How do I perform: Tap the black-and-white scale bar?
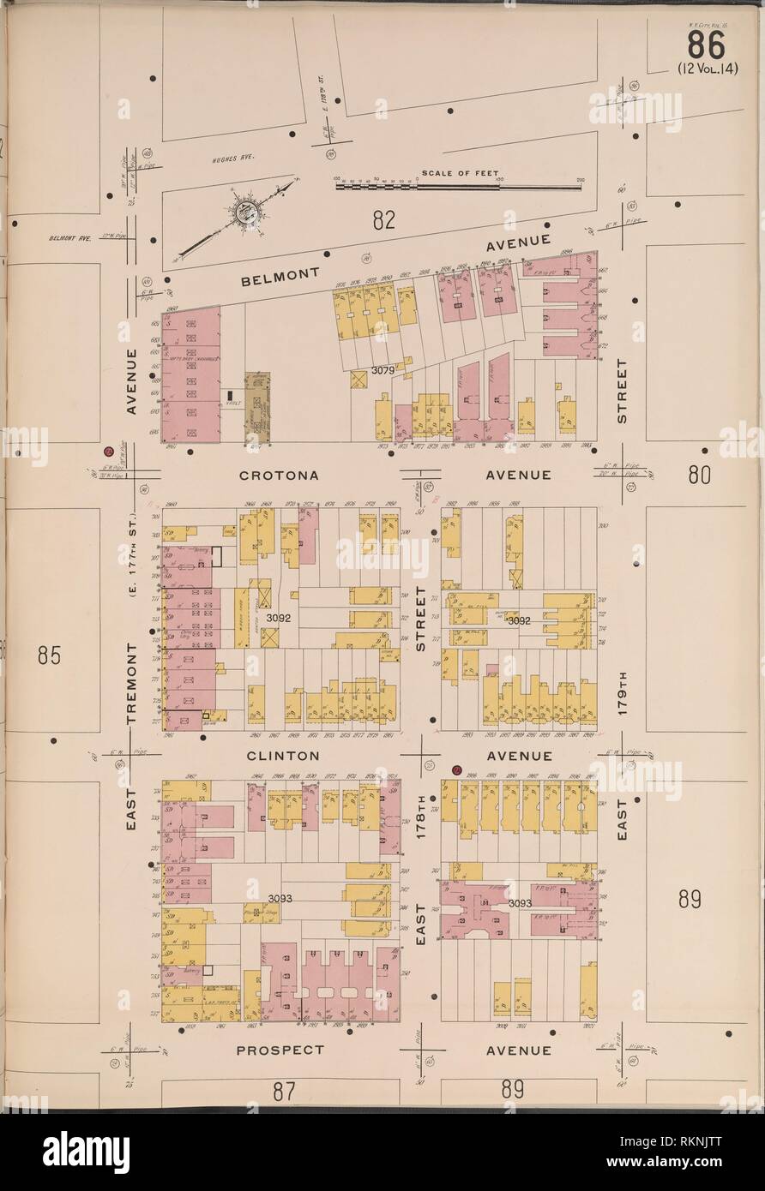[x=459, y=183]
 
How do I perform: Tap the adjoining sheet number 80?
[x=699, y=474]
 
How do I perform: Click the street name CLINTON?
[x=283, y=756]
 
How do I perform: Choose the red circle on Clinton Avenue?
[x=456, y=769]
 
